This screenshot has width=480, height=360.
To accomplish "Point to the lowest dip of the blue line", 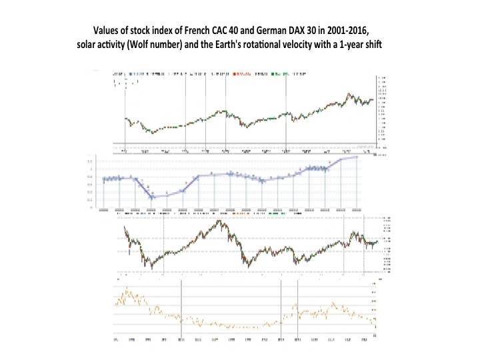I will point(153,197).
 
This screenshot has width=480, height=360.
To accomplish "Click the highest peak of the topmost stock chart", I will point(348,94).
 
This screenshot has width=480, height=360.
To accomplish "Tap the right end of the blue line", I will point(359,157).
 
